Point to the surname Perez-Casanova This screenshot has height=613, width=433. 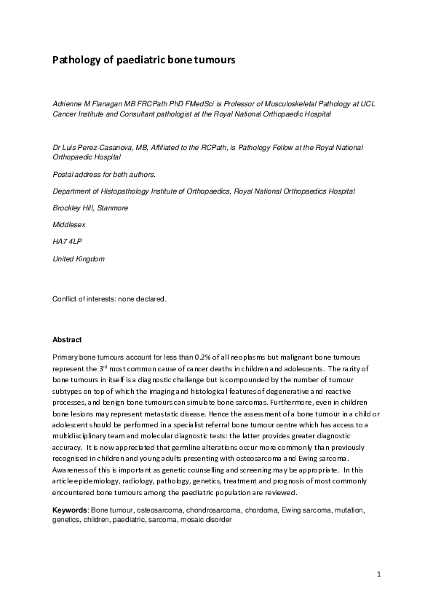click(x=109, y=147)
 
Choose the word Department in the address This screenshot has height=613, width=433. click(x=74, y=191)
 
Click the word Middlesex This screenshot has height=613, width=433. click(x=70, y=225)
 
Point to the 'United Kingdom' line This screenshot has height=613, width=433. click(x=78, y=259)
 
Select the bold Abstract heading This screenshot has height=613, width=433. click(x=67, y=340)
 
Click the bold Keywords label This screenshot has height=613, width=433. click(x=71, y=510)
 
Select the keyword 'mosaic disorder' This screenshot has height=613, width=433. click(x=205, y=521)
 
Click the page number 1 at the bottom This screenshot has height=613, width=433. click(x=379, y=575)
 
